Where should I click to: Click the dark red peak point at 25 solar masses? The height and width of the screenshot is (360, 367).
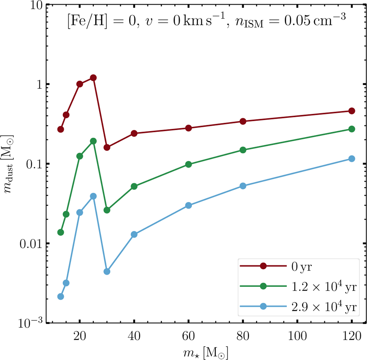93,78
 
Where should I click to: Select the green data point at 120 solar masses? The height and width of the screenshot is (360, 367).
352,129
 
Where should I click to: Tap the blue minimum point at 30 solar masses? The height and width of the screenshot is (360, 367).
107,272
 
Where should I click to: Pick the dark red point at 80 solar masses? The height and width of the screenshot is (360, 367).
243,122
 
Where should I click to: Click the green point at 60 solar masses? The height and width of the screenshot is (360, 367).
188,164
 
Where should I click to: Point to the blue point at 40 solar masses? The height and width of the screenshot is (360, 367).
134,234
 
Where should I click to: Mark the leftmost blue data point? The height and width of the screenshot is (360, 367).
61,297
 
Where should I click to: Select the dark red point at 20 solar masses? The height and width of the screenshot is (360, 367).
80,84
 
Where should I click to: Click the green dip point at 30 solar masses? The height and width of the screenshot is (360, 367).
107,210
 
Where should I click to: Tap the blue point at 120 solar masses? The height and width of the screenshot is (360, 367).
352,159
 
